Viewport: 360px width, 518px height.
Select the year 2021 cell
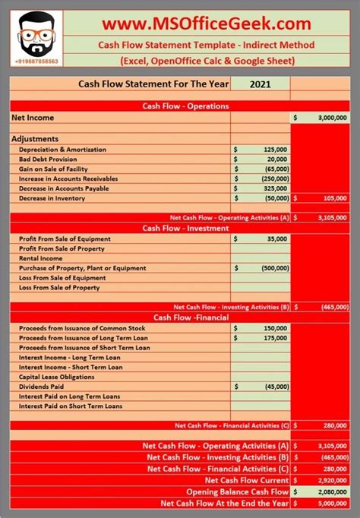click(x=260, y=86)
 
